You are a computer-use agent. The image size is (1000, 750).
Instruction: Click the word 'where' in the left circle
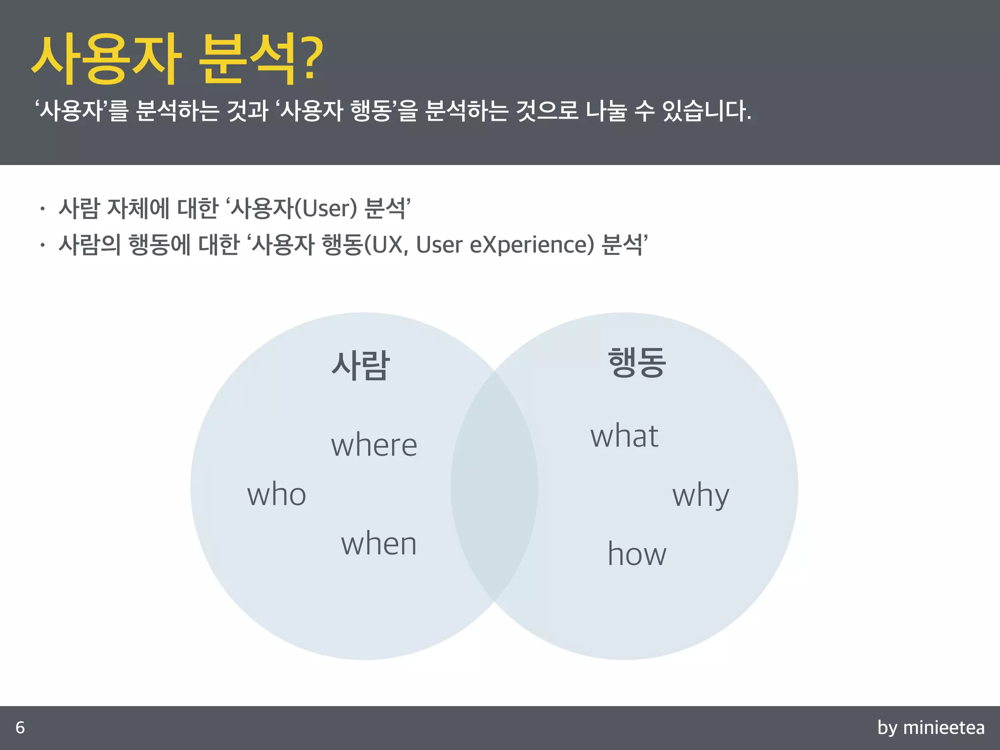[374, 445]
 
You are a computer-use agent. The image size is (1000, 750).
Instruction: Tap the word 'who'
[276, 494]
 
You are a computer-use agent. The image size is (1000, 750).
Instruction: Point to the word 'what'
[624, 436]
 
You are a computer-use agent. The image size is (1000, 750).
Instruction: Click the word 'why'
[701, 496]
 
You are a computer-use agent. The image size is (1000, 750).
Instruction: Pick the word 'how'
[637, 554]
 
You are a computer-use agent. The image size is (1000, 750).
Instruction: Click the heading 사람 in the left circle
[360, 365]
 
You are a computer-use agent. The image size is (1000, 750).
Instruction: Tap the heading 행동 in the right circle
[637, 362]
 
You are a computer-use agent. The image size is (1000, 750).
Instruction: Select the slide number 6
[20, 728]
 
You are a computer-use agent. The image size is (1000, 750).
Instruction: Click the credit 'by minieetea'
[931, 728]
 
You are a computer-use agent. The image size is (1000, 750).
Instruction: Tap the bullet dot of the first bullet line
[43, 209]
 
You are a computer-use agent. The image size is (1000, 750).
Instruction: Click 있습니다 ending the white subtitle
[706, 111]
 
